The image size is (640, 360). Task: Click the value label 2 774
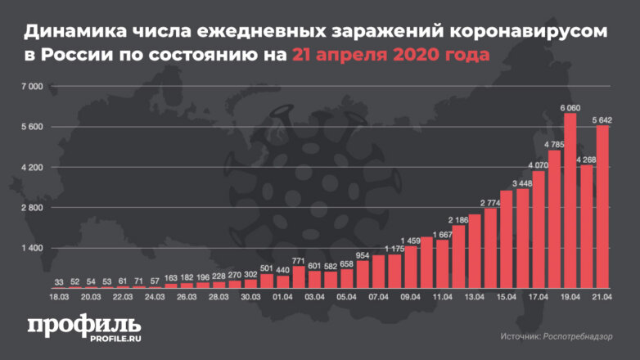point(491,202)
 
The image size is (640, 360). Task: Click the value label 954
point(363,256)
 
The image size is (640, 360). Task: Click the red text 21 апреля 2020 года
point(391,56)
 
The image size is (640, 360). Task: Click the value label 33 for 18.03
point(58,282)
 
